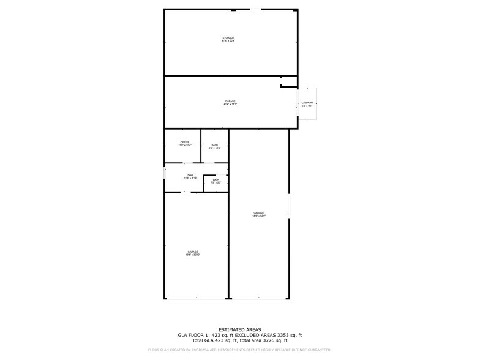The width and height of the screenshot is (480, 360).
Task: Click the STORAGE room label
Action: [228, 40]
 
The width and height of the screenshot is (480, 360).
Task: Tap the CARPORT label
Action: [307, 104]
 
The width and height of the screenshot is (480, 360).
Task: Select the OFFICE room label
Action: [184, 144]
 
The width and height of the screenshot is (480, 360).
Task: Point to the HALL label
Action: [190, 176]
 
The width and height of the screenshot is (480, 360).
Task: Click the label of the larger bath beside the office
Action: [214, 146]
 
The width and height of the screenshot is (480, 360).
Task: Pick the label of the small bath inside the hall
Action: [216, 181]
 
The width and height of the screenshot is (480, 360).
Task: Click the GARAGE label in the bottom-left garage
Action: [193, 253]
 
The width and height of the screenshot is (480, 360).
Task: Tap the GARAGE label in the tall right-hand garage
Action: [259, 214]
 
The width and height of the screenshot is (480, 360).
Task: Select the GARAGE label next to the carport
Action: [230, 103]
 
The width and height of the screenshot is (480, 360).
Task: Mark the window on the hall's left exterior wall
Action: [164, 173]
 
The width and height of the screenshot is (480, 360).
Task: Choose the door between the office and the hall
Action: [184, 163]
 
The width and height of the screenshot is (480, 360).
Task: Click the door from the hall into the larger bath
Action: [209, 163]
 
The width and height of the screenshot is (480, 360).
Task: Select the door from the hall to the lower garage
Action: [184, 192]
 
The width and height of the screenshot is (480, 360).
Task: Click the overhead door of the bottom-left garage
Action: [196, 298]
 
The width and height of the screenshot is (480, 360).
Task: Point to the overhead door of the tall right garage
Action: [259, 298]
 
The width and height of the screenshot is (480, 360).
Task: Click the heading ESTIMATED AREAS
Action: [240, 329]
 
